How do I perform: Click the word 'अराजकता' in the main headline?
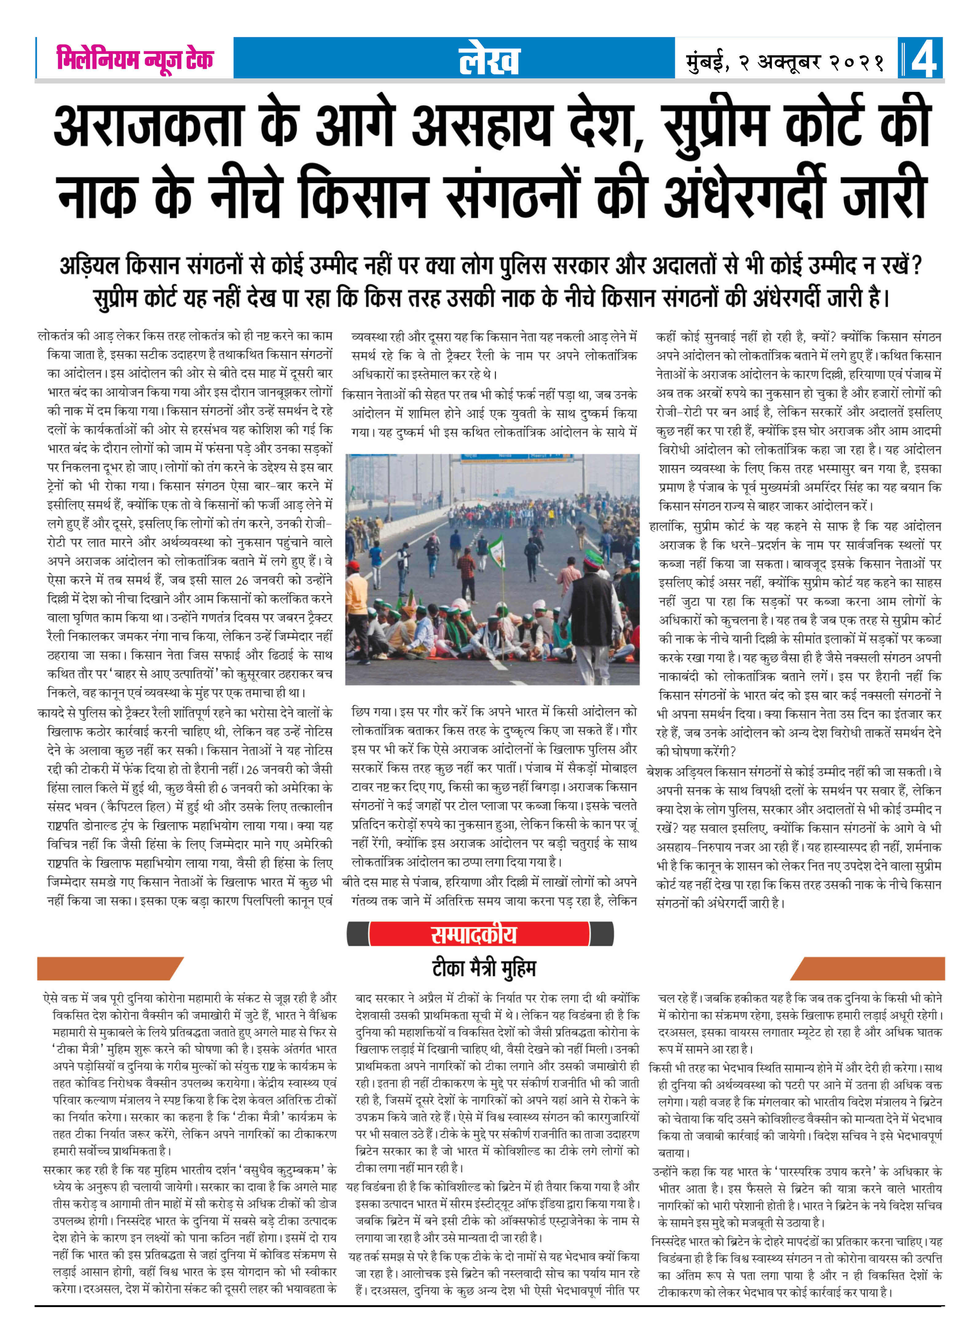click(x=148, y=126)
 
